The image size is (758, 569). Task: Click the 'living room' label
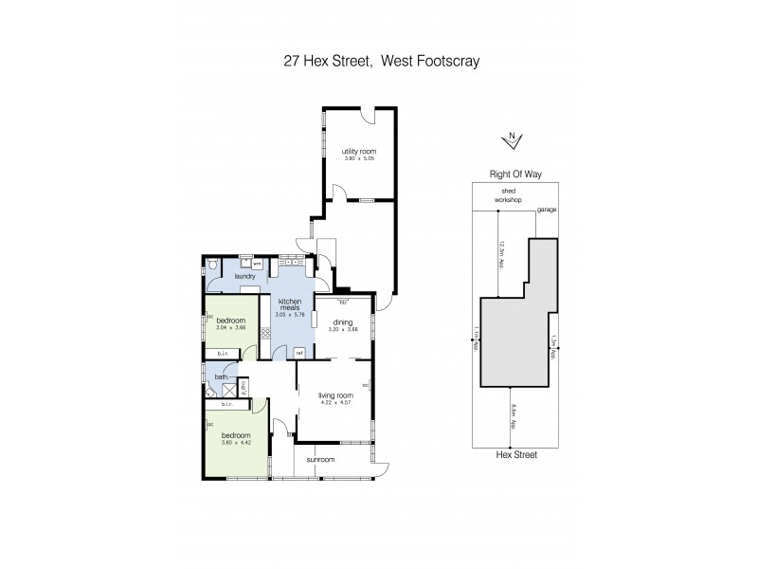(x=335, y=395)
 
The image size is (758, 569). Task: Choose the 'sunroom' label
(x=320, y=460)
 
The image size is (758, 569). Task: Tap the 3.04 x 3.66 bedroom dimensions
(x=230, y=327)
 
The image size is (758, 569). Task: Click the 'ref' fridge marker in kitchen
(x=298, y=354)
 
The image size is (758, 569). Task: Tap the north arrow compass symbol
(x=512, y=139)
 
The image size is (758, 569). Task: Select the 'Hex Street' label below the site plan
(x=513, y=455)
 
